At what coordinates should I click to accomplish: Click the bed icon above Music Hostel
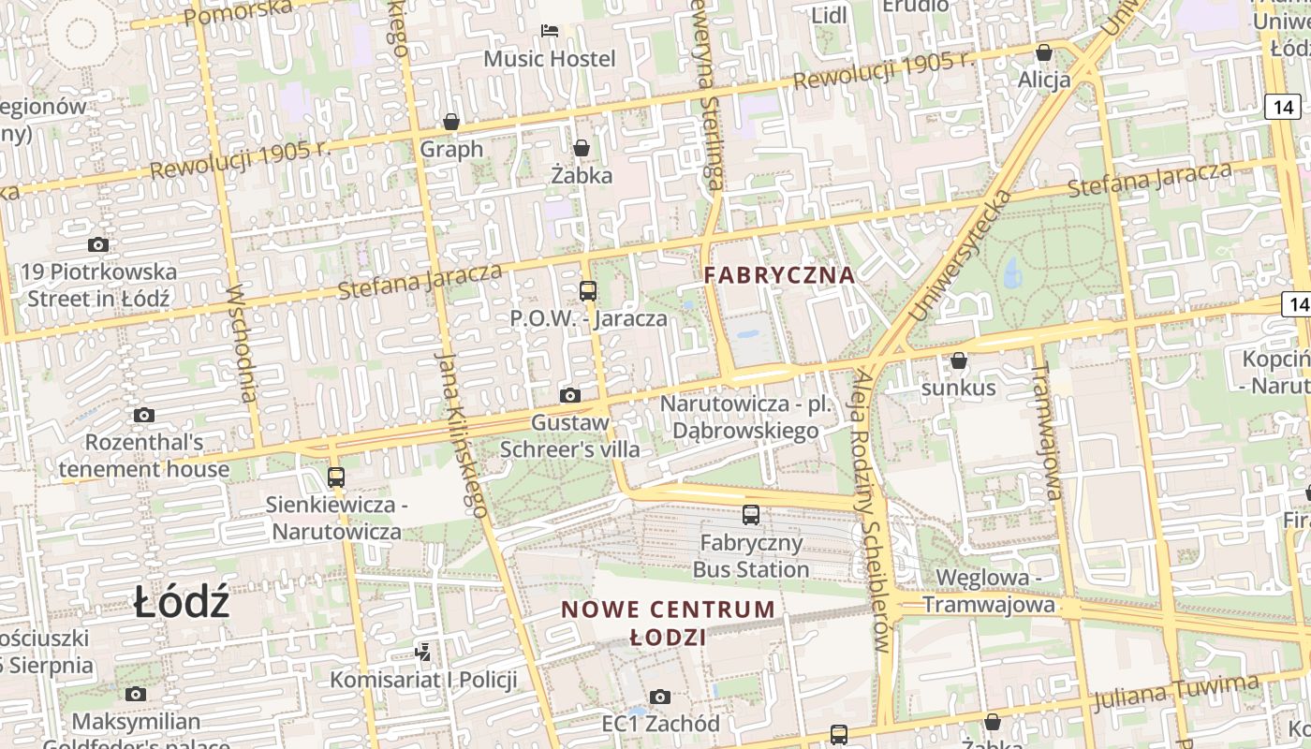[550, 32]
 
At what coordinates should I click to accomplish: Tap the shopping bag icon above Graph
[451, 122]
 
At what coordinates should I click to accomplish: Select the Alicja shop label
[1044, 80]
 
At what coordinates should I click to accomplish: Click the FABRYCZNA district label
[779, 275]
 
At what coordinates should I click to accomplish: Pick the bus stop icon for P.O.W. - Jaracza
[588, 291]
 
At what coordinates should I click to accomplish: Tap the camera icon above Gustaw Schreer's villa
[569, 396]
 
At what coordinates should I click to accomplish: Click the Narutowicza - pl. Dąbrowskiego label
[745, 417]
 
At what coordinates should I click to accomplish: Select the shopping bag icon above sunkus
[959, 360]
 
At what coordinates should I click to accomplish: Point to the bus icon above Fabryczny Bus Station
[751, 515]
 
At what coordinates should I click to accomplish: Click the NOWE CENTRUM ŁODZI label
[669, 623]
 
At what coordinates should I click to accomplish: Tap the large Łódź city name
[181, 602]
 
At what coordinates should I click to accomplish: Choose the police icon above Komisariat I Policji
[423, 652]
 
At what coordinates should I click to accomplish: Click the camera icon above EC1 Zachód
[660, 697]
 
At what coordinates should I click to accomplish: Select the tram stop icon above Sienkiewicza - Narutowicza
[336, 477]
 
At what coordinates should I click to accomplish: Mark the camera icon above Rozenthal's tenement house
[144, 415]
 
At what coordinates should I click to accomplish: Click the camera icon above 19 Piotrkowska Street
[98, 245]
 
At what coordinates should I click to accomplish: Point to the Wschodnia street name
[242, 343]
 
